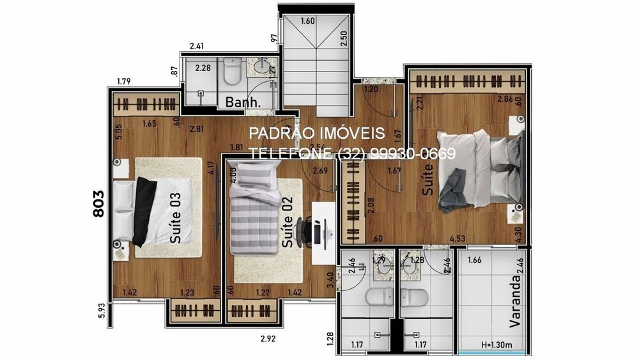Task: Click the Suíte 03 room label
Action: (x=176, y=217)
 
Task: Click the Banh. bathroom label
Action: (x=243, y=102)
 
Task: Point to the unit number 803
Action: (x=99, y=203)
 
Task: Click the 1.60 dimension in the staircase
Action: (x=307, y=21)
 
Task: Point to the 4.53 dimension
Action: (x=457, y=239)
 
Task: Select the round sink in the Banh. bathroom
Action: (x=262, y=66)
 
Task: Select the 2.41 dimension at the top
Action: (x=197, y=46)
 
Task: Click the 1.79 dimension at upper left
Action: (x=124, y=81)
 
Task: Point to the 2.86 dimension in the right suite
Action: (x=505, y=99)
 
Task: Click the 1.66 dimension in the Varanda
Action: (x=475, y=260)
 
